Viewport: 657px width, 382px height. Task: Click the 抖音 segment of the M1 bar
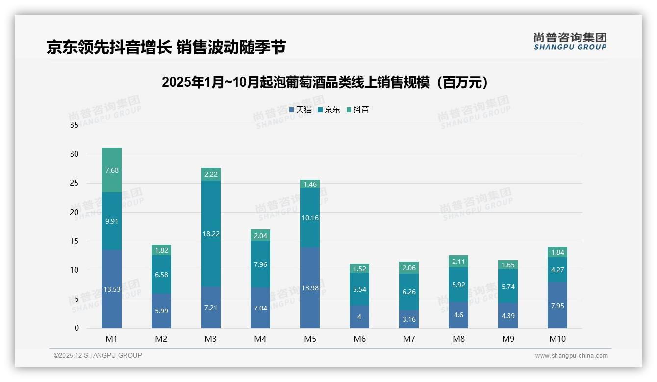(112, 170)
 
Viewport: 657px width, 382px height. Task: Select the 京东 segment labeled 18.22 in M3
(211, 234)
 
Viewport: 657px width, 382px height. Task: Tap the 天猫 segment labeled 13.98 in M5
(310, 288)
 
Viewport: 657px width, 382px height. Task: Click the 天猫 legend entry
(301, 110)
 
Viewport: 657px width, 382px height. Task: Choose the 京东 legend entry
(329, 110)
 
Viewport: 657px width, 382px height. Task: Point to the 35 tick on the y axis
(74, 125)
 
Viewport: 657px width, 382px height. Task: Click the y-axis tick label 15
(74, 241)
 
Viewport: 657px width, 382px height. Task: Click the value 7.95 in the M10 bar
(557, 306)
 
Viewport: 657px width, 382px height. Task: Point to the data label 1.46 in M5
(310, 184)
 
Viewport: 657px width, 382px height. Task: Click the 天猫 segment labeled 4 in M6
(359, 317)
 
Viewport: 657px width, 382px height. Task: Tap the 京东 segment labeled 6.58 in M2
(161, 275)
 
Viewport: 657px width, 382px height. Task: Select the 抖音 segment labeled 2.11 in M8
(458, 262)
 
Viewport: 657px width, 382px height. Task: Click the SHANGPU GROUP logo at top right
(570, 42)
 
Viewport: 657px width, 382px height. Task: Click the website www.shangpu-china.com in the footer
(571, 356)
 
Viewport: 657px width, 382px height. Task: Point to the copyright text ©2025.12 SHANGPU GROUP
(98, 356)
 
